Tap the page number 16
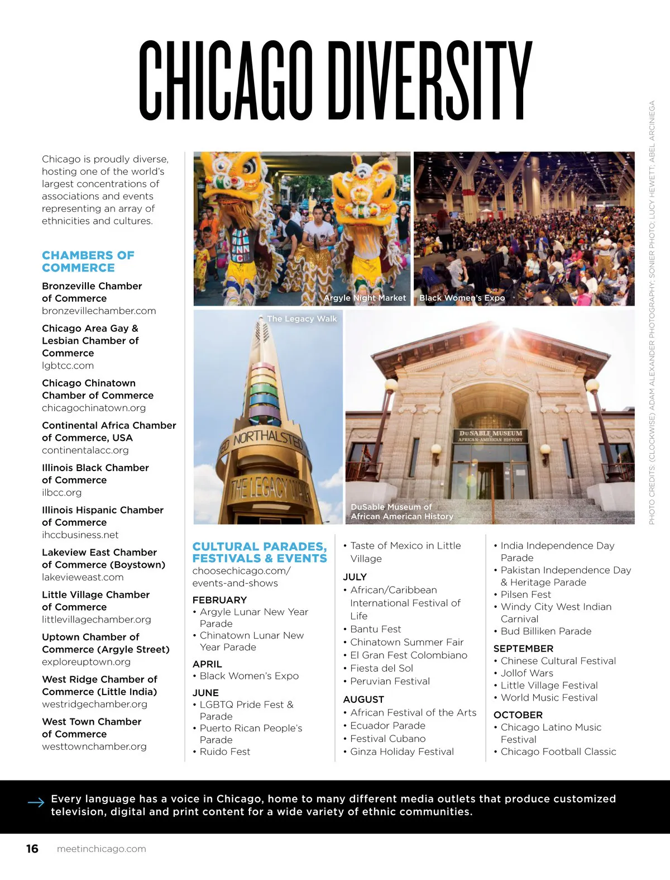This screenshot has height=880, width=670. coord(32,849)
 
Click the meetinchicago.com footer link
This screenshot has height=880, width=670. coord(101,849)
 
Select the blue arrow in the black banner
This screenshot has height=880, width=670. coord(36,803)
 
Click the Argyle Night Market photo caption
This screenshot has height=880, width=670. coord(365,298)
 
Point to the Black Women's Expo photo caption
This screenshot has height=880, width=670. coord(462,298)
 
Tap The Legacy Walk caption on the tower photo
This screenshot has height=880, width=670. coord(301,318)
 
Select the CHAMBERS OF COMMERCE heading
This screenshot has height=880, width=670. coord(88,261)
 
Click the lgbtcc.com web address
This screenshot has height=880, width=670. coord(68,365)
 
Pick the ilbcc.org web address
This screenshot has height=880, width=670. coord(61,492)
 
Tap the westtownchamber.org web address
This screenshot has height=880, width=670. coord(94,746)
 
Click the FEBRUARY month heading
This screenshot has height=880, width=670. coord(219,600)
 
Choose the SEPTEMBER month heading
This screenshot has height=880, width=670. coord(523,649)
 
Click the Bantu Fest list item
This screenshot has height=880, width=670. coord(375,629)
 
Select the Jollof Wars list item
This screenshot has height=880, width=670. coord(527,673)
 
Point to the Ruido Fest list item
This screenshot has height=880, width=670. coord(224,752)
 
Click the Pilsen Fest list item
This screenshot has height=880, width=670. coord(525,594)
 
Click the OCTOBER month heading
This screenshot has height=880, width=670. coord(518,715)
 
